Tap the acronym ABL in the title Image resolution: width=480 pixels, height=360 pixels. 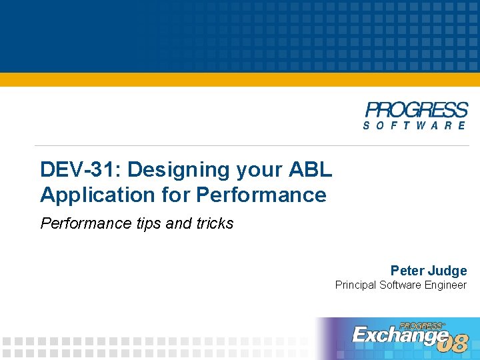pyautogui.click(x=310, y=170)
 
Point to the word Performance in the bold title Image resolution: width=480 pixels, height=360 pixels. pyautogui.click(x=261, y=195)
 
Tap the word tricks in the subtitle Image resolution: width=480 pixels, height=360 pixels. pyautogui.click(x=215, y=223)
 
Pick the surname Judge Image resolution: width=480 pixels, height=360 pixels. pyautogui.click(x=449, y=271)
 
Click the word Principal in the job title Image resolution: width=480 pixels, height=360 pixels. pyautogui.click(x=355, y=285)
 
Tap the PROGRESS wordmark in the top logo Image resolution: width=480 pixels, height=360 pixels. pyautogui.click(x=417, y=110)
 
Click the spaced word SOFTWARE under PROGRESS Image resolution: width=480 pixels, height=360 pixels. pyautogui.click(x=415, y=125)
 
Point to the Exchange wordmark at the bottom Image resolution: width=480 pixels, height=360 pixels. pyautogui.click(x=398, y=335)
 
